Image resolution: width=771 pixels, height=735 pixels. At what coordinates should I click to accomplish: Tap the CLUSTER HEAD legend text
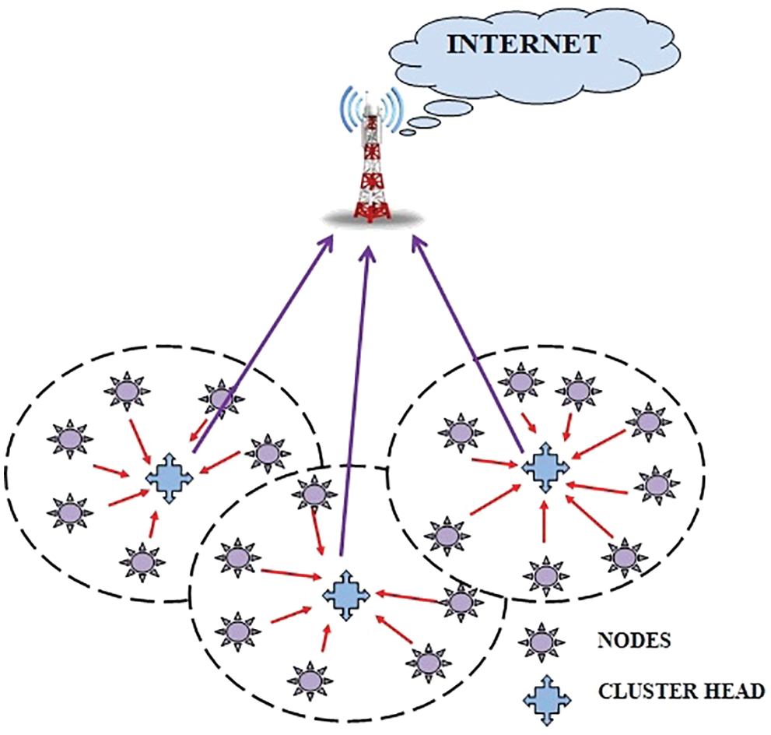click(x=682, y=689)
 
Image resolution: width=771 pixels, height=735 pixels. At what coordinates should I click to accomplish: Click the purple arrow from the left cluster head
click(x=257, y=343)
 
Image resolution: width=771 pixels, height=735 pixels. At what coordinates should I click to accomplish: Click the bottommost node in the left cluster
click(x=142, y=560)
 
